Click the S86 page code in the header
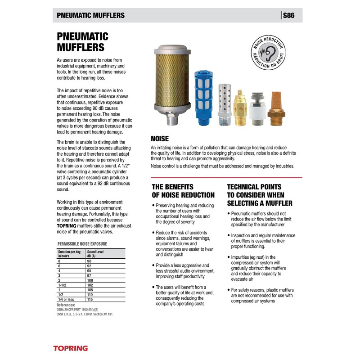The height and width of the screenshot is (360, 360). tap(288, 15)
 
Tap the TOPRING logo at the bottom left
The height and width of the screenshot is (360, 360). tap(71, 348)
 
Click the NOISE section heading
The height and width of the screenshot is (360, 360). tap(160, 139)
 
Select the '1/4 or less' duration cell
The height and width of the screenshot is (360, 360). tap(66, 299)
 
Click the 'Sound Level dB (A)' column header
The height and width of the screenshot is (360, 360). tap(95, 254)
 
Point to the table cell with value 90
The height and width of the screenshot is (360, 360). tap(89, 261)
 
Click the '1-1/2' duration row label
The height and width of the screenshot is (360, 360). tap(63, 284)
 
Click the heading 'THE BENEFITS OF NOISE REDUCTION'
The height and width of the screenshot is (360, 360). tap(183, 191)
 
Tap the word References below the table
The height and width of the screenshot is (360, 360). tap(66, 305)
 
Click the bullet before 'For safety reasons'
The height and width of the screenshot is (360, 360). tap(228, 290)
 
